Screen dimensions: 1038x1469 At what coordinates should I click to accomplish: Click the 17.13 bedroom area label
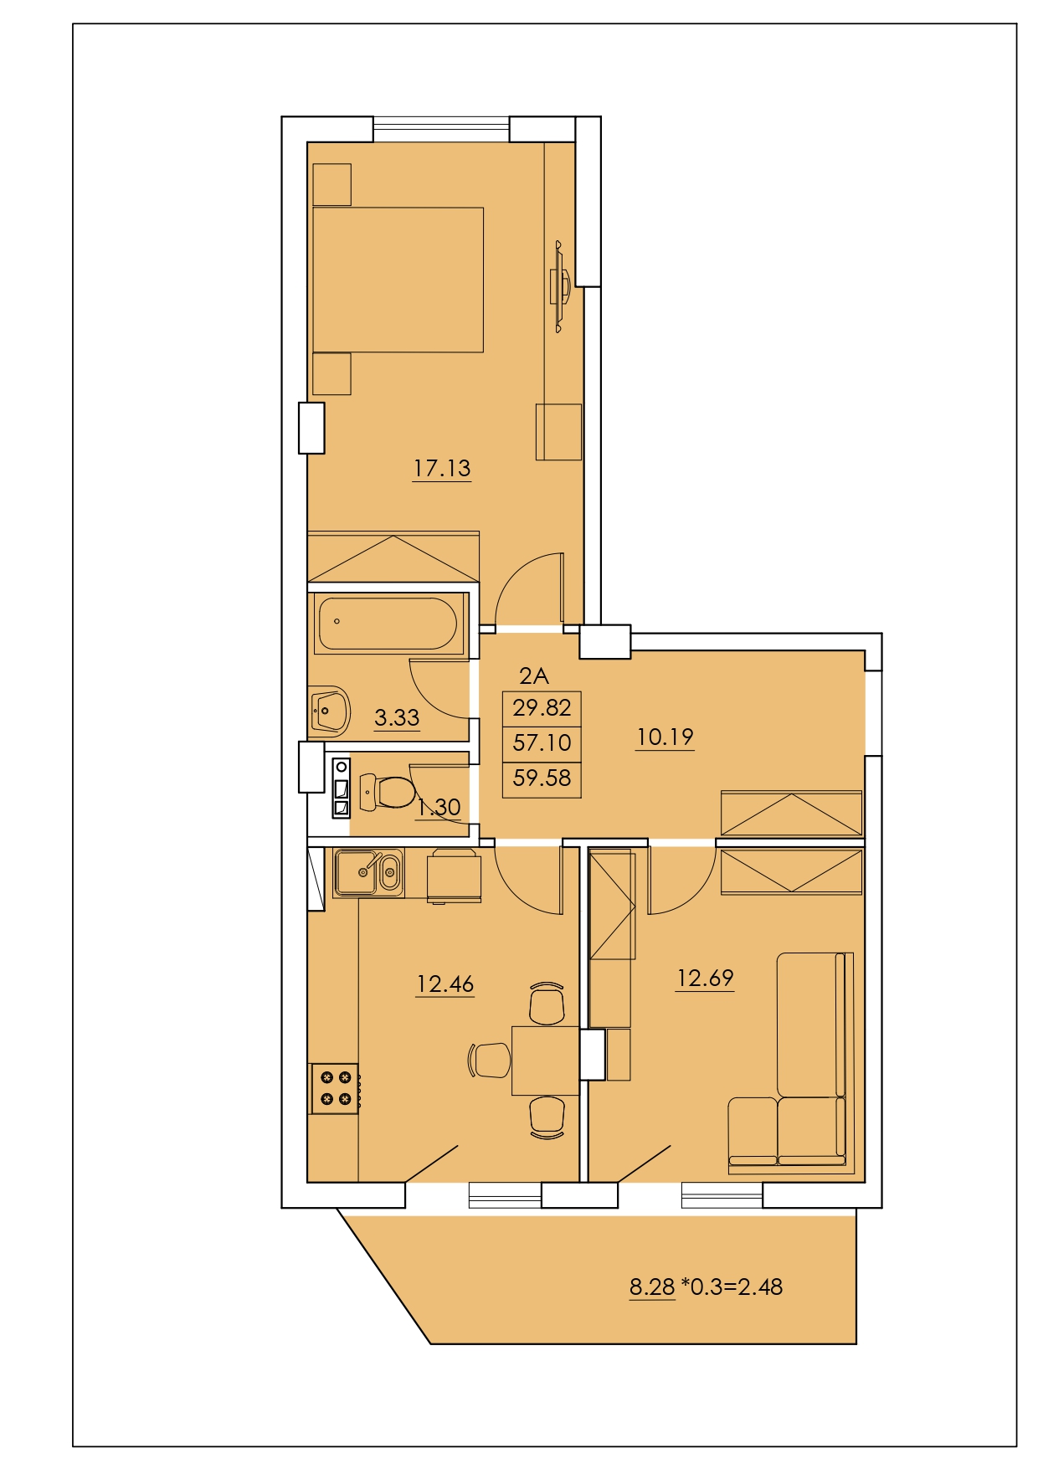[x=442, y=468]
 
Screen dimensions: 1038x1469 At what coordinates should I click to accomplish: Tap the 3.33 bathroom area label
[x=397, y=717]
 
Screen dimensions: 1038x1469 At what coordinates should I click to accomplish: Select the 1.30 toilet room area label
[x=439, y=807]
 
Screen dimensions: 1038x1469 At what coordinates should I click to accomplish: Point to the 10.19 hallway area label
[x=665, y=737]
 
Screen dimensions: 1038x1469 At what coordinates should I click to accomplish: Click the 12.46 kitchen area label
[x=445, y=984]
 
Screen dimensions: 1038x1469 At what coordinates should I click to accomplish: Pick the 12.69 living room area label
[x=705, y=978]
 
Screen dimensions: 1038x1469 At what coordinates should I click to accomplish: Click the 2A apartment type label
[x=533, y=675]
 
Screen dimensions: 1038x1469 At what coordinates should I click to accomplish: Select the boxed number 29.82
[x=542, y=708]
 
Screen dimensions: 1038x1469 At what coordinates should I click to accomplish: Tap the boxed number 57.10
[x=542, y=742]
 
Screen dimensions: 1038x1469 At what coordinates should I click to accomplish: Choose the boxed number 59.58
[x=542, y=778]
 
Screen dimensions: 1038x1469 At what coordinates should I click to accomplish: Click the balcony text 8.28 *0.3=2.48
[x=706, y=1287]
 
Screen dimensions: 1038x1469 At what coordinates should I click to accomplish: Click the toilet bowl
[x=388, y=790]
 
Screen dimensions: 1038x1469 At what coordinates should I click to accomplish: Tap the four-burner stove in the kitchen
[x=335, y=1088]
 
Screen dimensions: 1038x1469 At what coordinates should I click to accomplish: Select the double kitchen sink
[x=368, y=873]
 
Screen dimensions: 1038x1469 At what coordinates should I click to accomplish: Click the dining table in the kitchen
[x=546, y=1060]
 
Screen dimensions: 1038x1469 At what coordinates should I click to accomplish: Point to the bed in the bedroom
[x=398, y=280]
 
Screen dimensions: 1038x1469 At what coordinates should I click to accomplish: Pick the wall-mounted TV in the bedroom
[x=559, y=286]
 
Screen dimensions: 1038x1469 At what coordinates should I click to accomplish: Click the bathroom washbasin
[x=330, y=710]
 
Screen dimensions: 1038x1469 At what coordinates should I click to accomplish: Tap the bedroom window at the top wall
[x=441, y=129]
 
